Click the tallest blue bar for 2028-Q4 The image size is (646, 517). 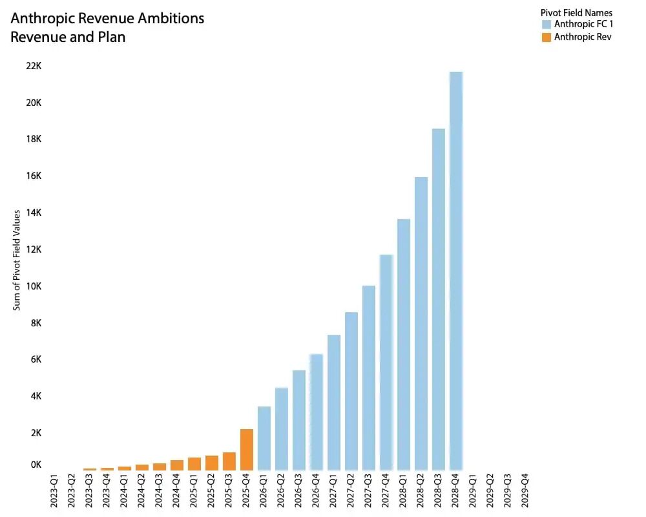[x=456, y=271]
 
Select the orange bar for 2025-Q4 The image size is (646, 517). [x=246, y=450]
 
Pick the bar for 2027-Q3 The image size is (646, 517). [x=368, y=378]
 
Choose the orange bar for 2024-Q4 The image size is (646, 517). [x=176, y=465]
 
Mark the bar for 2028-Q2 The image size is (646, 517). [x=421, y=323]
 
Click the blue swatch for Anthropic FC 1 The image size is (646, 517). [x=547, y=25]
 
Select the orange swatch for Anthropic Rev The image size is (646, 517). [x=547, y=37]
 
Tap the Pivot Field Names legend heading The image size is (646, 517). [x=576, y=13]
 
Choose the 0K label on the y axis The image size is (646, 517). [x=35, y=465]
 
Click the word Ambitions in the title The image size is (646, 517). [x=168, y=18]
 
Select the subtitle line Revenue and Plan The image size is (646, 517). [x=68, y=37]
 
